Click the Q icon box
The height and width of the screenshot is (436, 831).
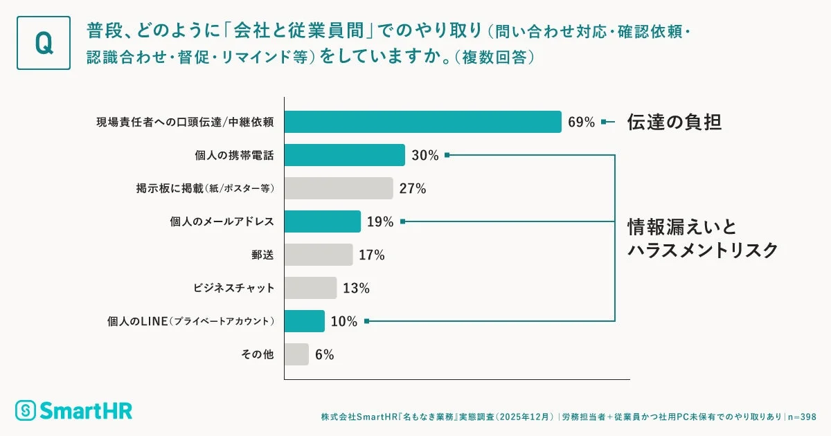click(43, 43)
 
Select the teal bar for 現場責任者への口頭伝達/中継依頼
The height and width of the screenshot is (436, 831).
click(422, 122)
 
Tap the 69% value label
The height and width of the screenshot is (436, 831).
click(581, 122)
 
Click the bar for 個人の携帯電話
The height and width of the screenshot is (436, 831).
click(344, 155)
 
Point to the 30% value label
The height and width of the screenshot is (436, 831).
click(425, 156)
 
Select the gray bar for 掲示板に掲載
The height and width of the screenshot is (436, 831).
click(339, 188)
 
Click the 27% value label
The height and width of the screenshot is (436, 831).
click(412, 189)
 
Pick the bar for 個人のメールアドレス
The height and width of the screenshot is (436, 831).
click(322, 221)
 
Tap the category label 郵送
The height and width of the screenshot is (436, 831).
click(262, 255)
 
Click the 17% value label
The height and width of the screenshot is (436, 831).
click(371, 255)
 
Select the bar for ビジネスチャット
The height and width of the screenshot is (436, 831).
click(310, 288)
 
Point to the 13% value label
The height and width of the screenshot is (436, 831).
click(355, 289)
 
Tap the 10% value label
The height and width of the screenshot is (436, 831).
click(343, 322)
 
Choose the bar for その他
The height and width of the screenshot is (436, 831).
click(296, 354)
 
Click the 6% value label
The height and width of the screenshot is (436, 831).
click(324, 355)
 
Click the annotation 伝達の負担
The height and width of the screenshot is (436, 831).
click(674, 122)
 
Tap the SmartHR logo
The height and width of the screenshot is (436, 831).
click(73, 410)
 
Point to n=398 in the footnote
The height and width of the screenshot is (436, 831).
click(803, 417)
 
